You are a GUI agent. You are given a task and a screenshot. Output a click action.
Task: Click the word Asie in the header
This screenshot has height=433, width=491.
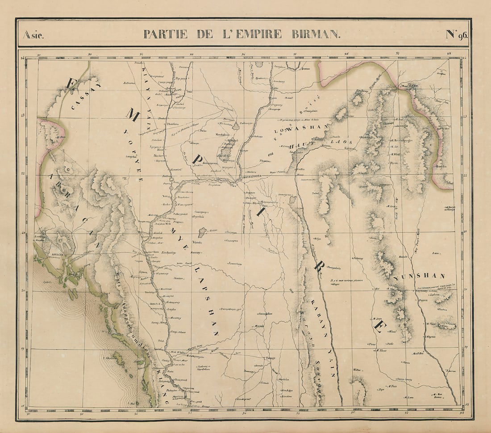tap(33, 34)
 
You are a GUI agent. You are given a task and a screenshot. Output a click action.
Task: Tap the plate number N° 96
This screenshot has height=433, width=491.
tap(456, 34)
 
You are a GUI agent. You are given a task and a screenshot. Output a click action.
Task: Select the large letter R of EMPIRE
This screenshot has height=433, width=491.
tap(319, 266)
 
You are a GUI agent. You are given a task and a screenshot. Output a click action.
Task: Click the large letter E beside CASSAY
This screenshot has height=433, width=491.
tap(71, 83)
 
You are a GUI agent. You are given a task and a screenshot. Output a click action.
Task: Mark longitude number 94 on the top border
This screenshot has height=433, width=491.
tap(244, 55)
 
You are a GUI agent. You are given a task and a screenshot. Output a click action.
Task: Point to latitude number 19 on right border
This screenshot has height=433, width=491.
tap(466, 347)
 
